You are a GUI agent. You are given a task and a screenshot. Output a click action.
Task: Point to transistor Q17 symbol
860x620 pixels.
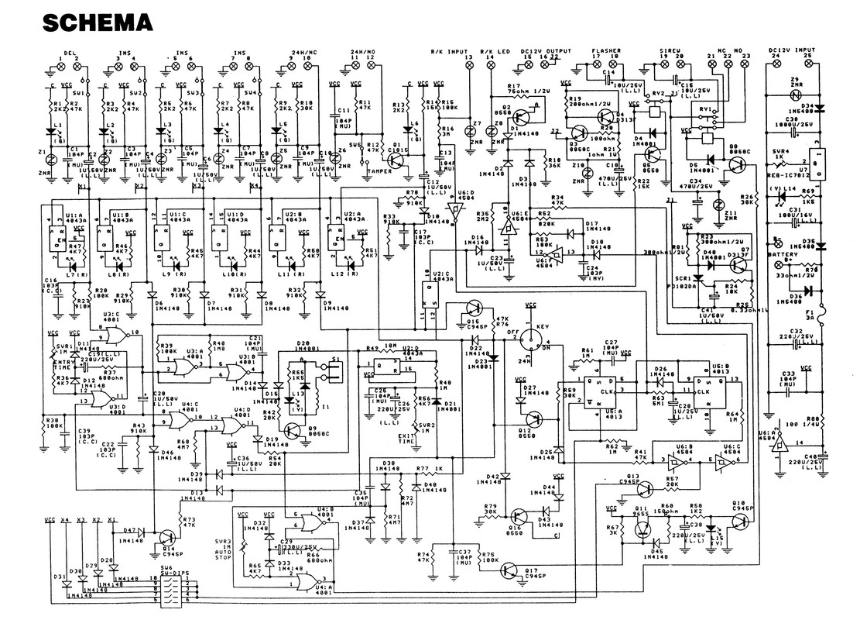coord(507,570)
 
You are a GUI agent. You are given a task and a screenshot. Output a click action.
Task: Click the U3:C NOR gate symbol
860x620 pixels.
coord(114,334)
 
